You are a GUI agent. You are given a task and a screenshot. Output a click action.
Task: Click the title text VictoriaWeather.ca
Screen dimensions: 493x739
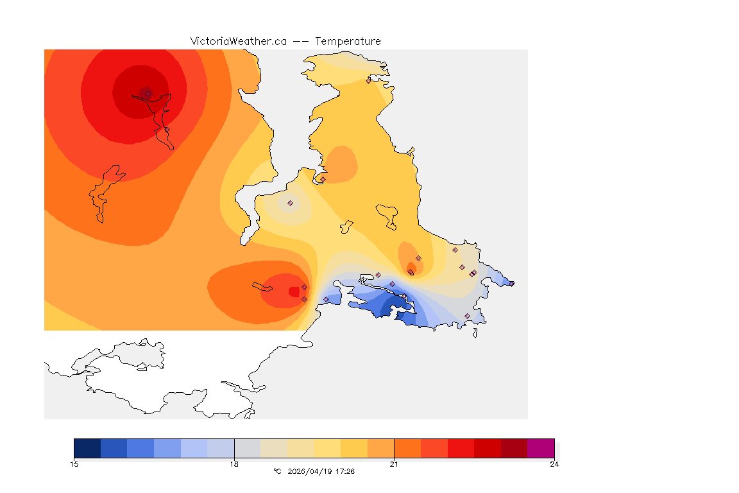pos(238,41)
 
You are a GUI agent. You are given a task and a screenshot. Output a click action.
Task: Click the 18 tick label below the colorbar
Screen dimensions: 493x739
pos(234,464)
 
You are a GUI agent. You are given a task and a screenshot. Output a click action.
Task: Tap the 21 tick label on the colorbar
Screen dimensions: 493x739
pos(394,464)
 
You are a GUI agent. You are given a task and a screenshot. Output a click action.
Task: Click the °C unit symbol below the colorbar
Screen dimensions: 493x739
pos(277,471)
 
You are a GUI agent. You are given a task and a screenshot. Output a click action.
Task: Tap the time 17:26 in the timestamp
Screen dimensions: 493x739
pos(345,471)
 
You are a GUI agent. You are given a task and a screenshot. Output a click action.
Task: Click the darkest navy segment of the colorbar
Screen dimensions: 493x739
pos(87,447)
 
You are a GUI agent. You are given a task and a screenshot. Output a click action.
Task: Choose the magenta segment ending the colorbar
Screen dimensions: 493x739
pos(540,447)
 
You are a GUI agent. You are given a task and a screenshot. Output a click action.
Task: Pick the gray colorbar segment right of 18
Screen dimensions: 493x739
pos(248,447)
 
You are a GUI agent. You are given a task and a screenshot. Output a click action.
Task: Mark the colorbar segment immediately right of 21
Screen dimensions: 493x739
pos(407,447)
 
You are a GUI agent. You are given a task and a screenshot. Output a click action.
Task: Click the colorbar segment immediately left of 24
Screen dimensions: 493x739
pos(514,447)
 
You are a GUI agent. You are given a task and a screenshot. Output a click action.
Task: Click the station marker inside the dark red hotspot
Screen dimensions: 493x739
pos(148,94)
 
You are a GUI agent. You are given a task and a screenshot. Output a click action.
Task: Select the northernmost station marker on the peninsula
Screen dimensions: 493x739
pos(368,81)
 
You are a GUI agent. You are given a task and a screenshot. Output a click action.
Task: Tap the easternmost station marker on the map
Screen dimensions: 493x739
pos(512,283)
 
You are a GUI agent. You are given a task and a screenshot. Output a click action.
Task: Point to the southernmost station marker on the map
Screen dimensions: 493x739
pos(467,316)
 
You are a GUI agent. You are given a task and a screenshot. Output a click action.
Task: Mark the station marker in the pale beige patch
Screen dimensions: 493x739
pos(290,203)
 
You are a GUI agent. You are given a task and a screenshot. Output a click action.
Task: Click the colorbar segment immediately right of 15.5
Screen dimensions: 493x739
pos(114,447)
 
